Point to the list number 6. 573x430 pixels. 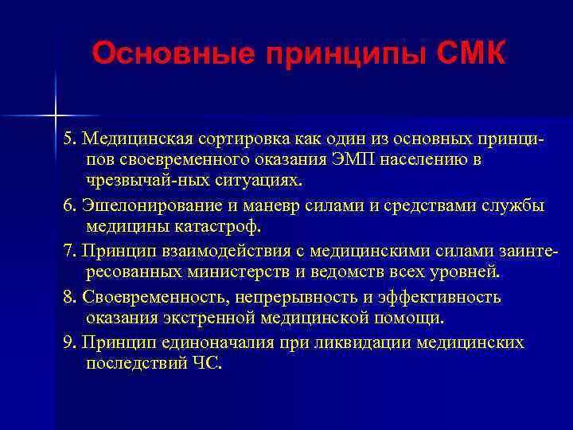(69, 205)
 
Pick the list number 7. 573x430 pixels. (69, 252)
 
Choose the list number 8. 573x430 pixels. (69, 297)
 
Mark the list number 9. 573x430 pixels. (69, 342)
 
